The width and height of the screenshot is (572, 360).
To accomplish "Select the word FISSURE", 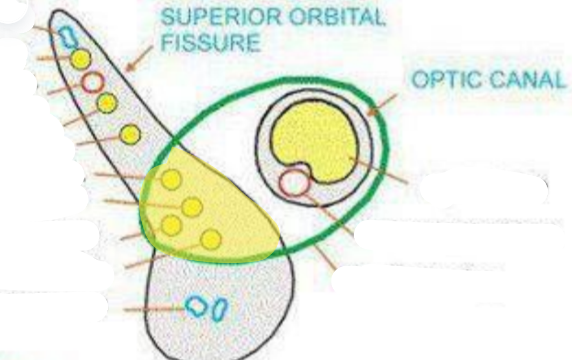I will point(211,42).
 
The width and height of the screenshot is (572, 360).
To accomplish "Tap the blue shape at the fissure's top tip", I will point(67,37).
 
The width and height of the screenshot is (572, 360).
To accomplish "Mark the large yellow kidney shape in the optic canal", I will point(316,141).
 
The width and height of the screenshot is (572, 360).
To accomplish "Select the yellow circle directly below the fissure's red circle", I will point(107,102).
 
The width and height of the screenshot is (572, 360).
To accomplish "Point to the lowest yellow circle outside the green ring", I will point(130,134).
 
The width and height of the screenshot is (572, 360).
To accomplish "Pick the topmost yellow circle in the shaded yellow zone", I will point(171,179).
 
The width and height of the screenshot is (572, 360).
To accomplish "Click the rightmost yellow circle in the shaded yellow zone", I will point(211,239).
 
